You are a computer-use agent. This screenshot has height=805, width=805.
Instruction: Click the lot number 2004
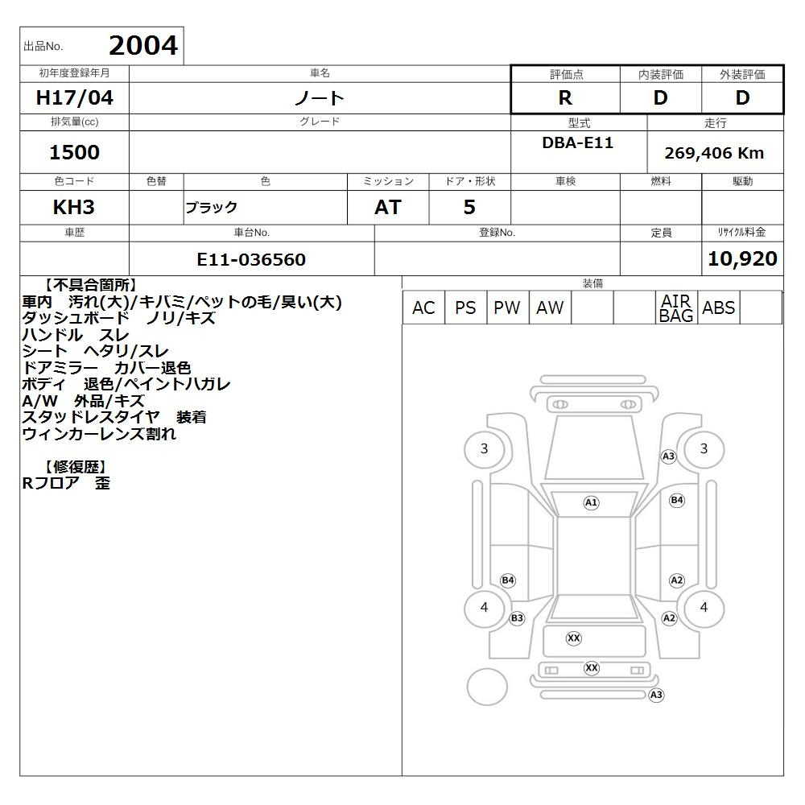143,46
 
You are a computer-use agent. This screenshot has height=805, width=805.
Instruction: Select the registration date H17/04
74,97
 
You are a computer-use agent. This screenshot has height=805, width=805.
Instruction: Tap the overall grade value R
565,97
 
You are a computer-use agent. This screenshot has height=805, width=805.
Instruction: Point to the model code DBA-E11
577,142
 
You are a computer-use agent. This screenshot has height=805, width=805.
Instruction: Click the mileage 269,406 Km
714,153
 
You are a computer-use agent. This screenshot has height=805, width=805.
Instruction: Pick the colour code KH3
74,207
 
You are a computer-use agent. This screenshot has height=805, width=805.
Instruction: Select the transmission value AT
388,207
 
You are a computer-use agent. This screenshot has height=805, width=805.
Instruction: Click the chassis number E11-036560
251,259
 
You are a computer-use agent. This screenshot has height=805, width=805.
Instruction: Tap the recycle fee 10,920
742,258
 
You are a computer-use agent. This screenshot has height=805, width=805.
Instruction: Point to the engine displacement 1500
74,152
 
